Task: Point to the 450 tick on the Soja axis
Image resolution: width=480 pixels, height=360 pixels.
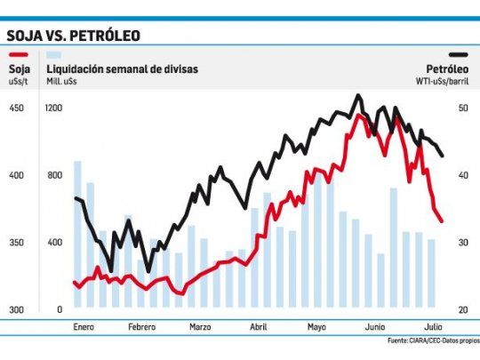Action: point(17,108)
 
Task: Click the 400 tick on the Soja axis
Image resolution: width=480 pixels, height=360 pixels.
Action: point(17,175)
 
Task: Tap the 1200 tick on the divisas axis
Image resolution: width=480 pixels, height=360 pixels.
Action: point(54,108)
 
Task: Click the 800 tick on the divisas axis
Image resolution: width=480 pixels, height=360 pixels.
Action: point(54,175)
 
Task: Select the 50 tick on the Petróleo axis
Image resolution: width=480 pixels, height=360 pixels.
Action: point(462,108)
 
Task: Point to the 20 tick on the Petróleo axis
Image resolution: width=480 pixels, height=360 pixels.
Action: point(462,309)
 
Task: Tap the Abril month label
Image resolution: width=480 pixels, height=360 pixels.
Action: point(259,326)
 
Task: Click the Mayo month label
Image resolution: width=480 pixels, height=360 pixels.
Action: point(316,326)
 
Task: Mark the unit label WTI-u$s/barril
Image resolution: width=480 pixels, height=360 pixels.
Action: point(442,81)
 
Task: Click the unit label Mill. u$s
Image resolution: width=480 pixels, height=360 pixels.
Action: point(63,81)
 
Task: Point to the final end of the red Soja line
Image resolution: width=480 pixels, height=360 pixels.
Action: point(442,221)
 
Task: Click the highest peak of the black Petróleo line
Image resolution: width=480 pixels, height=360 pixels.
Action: point(357,95)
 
